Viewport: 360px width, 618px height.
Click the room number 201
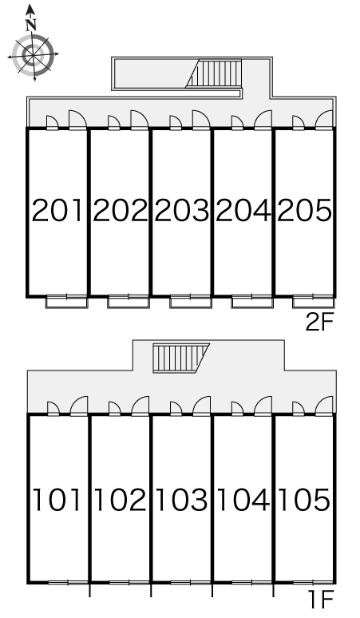coord(57,210)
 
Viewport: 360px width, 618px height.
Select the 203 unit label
coord(181,210)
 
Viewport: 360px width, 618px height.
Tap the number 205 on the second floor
coord(304,210)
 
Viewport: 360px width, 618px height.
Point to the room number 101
coord(57,500)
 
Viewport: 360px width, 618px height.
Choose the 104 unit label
coord(243,500)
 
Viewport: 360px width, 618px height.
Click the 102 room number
coord(120,500)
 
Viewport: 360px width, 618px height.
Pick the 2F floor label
coord(319,323)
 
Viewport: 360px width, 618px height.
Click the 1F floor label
coord(321,600)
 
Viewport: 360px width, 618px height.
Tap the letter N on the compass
coord(31,26)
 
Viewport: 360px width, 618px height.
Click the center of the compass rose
coord(33,55)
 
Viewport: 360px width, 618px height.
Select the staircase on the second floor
coord(214,73)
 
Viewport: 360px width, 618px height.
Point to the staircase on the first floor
coord(181,358)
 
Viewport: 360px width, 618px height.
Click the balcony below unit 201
coord(66,302)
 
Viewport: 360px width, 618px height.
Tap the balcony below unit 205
coord(314,302)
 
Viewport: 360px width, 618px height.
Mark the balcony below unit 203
coord(190,302)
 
